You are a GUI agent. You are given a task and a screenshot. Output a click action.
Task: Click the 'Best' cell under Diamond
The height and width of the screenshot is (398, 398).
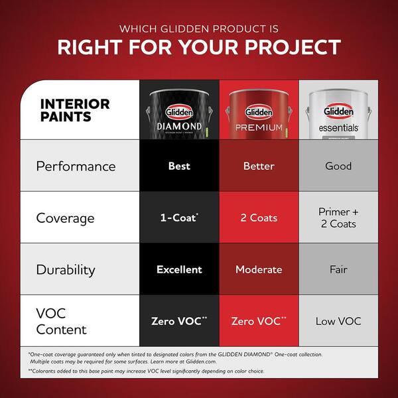tap(179, 166)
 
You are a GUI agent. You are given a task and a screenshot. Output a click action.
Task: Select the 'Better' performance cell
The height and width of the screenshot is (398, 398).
tap(259, 166)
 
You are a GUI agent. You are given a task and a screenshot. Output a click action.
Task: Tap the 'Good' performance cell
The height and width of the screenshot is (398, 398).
tap(338, 166)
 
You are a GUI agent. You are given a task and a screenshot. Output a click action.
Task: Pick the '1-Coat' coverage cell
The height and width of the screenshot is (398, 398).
tap(179, 218)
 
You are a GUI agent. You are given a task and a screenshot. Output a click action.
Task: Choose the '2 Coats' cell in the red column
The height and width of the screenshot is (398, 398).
tap(259, 218)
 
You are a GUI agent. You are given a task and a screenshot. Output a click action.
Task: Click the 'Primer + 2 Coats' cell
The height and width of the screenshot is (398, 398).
tap(338, 218)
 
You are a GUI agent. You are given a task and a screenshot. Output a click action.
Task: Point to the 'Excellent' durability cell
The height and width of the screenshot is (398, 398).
tap(179, 269)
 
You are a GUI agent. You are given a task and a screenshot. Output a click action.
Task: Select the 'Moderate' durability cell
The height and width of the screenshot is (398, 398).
tap(259, 269)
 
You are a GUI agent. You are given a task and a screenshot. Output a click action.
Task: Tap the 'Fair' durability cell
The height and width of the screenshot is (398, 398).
tap(338, 269)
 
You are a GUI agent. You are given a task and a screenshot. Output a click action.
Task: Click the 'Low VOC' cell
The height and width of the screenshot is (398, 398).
tap(338, 321)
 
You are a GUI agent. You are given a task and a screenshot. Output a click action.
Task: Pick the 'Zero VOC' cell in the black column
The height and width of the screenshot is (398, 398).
tap(179, 321)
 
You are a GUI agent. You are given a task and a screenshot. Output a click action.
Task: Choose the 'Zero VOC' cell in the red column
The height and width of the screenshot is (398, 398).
tap(259, 321)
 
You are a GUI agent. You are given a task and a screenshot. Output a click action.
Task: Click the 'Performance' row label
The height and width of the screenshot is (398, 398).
tap(76, 166)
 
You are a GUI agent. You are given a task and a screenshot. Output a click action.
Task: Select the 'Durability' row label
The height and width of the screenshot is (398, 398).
tap(66, 269)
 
